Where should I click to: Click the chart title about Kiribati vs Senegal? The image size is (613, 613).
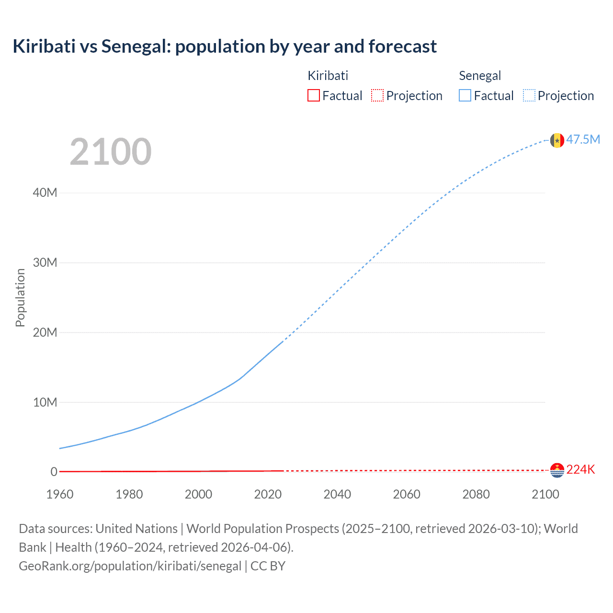[x=225, y=46]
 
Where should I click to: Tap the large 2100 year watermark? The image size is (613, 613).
[x=111, y=152]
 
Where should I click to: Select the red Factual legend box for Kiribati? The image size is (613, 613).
[x=313, y=96]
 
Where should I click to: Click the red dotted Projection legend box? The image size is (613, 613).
[x=377, y=96]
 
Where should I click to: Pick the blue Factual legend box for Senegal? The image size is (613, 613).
[x=465, y=96]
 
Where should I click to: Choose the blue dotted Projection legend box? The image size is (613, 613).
[x=529, y=96]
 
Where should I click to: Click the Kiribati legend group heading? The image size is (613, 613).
[x=328, y=76]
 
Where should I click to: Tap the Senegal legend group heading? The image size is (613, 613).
[x=479, y=76]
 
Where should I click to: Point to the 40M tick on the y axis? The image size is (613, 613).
[x=45, y=193]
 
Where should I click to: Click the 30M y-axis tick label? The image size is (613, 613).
[x=45, y=262]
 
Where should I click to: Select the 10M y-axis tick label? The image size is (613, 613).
[x=45, y=402]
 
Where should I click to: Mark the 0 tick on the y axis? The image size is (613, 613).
[x=54, y=472]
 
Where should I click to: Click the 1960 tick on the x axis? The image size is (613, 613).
[x=60, y=494]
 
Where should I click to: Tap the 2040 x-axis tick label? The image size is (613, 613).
[x=337, y=494]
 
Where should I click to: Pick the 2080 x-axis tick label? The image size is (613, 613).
[x=476, y=494]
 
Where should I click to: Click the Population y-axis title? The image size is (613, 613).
[x=20, y=297]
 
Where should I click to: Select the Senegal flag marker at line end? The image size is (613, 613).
[x=556, y=140]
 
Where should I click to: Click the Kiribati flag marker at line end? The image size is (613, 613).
[x=557, y=470]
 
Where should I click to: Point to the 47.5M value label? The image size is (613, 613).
[x=583, y=139]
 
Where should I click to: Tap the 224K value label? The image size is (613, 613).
[x=580, y=470]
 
